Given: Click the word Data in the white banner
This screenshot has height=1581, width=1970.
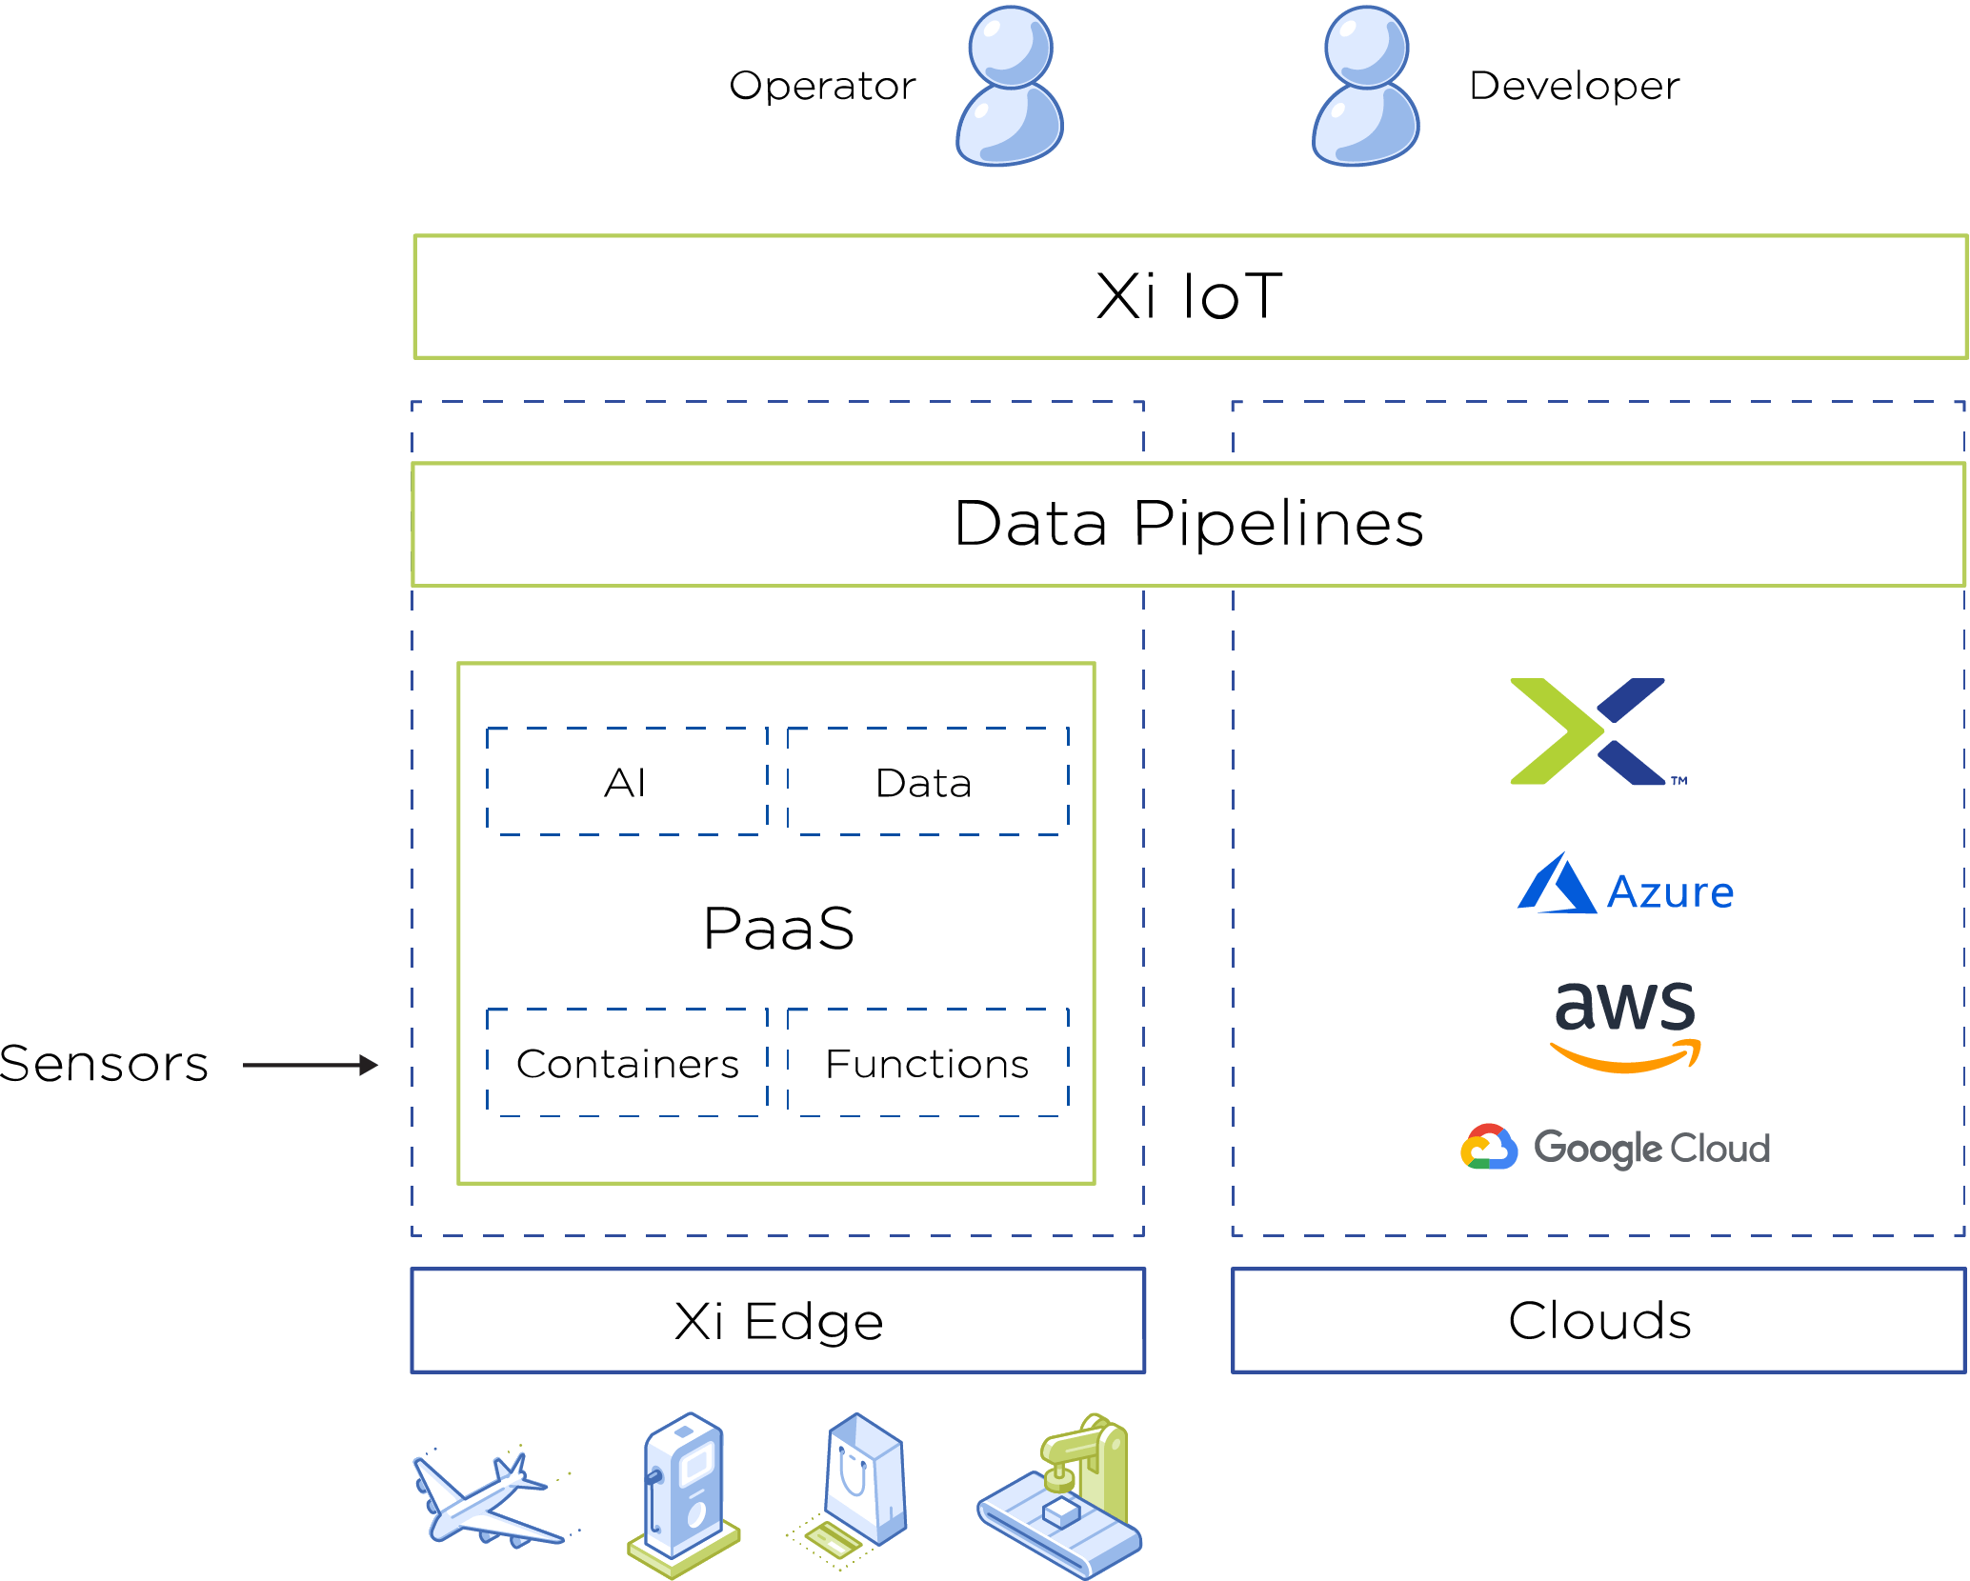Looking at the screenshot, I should click(1031, 524).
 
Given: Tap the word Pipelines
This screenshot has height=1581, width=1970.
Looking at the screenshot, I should click(1278, 524).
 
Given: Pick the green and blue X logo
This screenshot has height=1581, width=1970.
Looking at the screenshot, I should click(1587, 731).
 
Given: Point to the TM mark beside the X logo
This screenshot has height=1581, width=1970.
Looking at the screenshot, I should click(1679, 781).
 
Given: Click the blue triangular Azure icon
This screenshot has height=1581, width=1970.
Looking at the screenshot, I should click(1556, 886).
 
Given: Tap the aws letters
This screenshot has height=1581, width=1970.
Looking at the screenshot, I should click(1625, 1007).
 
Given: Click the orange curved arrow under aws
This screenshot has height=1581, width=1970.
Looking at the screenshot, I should click(1625, 1057).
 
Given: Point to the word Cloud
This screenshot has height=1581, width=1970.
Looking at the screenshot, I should click(1720, 1149).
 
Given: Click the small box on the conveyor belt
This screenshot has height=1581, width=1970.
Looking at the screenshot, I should click(1059, 1511).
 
